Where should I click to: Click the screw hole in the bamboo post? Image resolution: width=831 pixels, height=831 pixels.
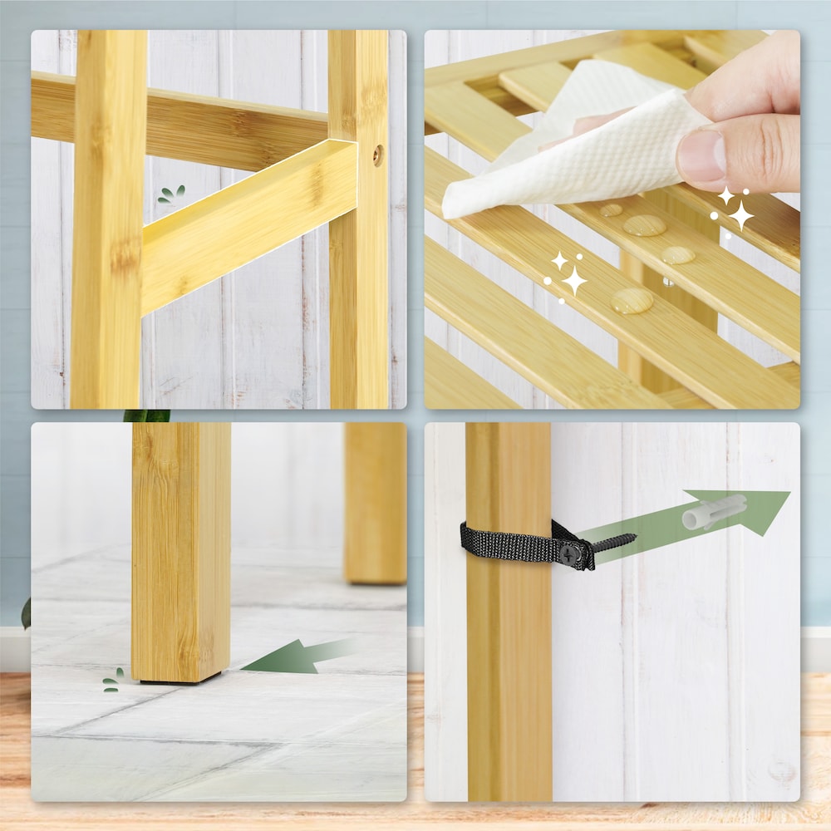coord(378,155)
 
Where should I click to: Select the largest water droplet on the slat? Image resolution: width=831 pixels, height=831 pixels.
coord(632,301)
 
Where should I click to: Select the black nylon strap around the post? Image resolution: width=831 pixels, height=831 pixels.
coord(507,545)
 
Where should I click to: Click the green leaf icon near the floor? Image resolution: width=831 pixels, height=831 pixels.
coord(112,681)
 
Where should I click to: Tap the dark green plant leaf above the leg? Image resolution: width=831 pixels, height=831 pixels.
coord(147,415)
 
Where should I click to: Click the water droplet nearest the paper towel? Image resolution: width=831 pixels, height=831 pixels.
coord(612,209)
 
